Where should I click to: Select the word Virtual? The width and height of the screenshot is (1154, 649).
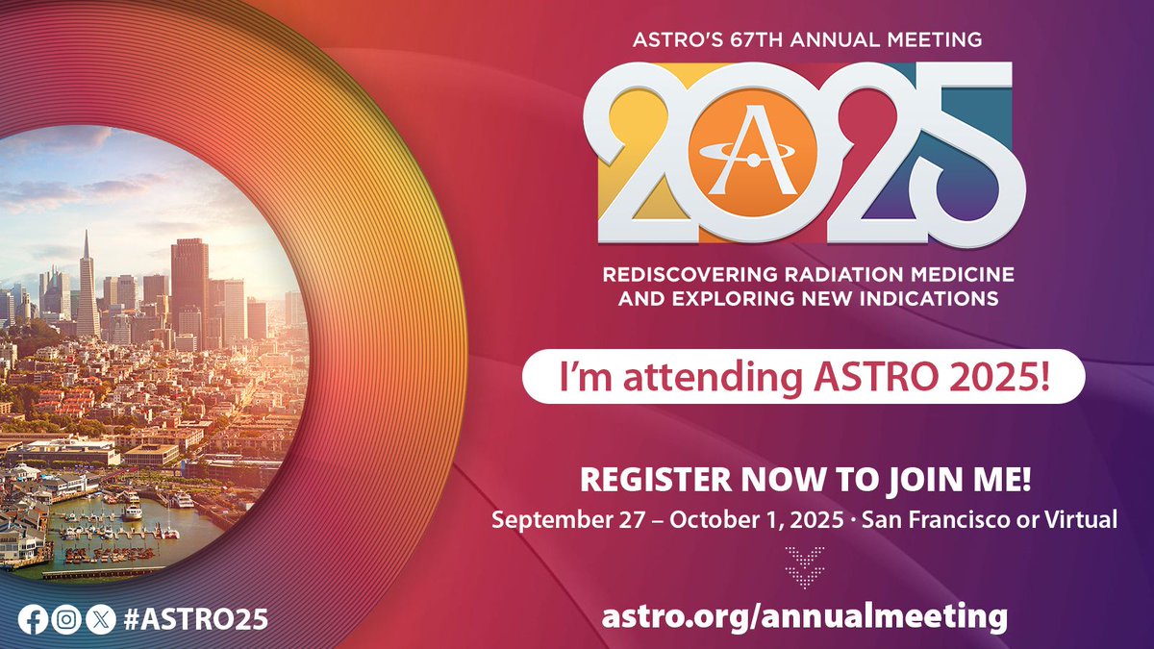click(1080, 519)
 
